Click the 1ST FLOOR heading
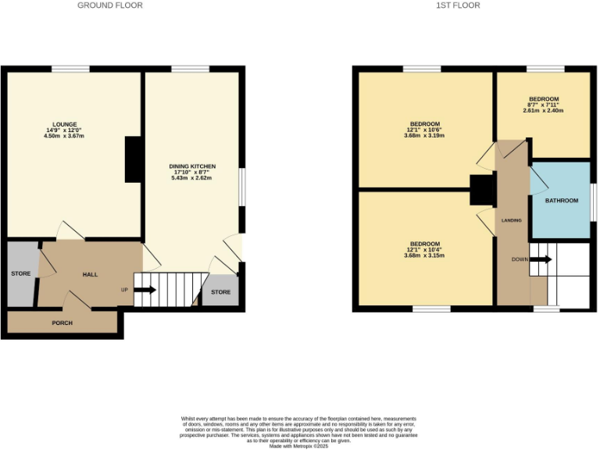tap(458, 5)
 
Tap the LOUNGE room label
tap(64, 125)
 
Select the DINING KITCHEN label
tap(192, 166)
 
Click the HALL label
tap(91, 275)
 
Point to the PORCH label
tap(62, 323)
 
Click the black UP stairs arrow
tap(145, 290)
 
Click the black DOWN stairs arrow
tap(541, 259)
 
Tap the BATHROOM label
tap(562, 201)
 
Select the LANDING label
tap(511, 220)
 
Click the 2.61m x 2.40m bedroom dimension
tap(544, 110)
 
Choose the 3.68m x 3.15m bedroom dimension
tap(425, 255)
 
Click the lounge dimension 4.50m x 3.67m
tap(64, 137)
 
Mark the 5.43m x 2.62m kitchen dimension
tap(192, 178)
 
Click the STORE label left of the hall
tap(20, 274)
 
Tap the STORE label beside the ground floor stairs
tap(221, 292)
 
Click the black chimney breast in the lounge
tap(134, 159)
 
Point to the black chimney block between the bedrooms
tap(480, 191)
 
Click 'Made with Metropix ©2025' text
tap(299, 446)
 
